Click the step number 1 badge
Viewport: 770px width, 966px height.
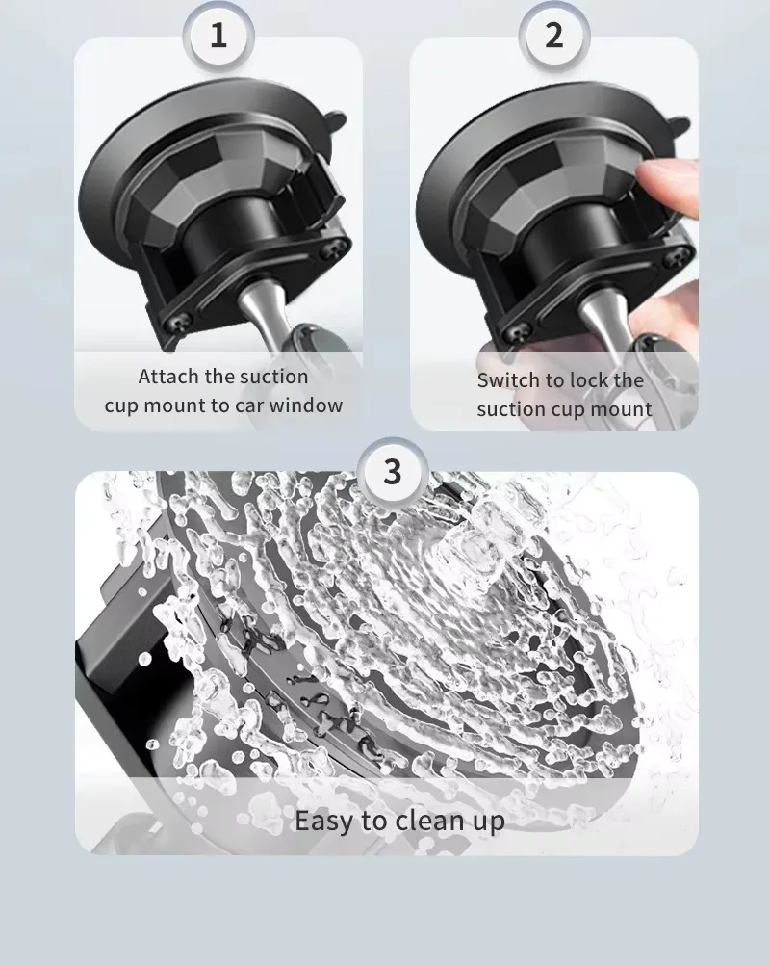218,35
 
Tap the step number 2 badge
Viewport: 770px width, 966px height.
554,35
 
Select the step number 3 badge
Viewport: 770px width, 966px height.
392,472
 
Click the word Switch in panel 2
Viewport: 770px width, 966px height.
505,380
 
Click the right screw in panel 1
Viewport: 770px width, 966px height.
331,248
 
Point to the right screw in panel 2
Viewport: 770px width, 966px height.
676,256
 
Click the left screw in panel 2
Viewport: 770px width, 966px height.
516,332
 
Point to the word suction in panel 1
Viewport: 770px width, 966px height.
273,377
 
